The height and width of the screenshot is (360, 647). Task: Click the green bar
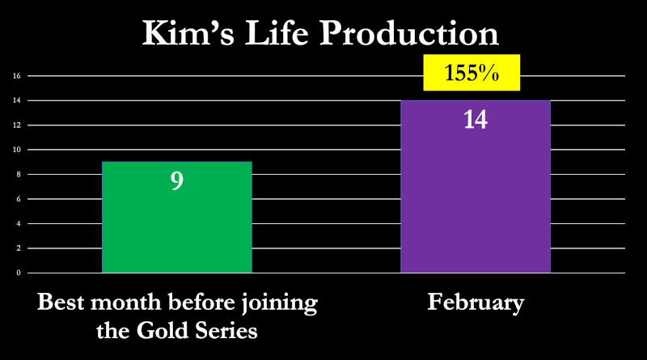tap(177, 217)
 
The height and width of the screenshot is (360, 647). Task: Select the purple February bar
tap(476, 187)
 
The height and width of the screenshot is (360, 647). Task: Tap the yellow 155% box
tap(472, 73)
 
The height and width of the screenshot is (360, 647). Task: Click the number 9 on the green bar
tap(177, 180)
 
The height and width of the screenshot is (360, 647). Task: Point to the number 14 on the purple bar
tap(476, 120)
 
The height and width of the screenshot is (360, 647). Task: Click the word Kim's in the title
tap(188, 33)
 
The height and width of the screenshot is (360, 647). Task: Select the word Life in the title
tap(277, 32)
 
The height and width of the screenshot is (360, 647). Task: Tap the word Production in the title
tap(409, 33)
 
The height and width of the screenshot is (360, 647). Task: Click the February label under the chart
tap(476, 303)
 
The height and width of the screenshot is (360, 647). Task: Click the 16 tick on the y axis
tap(16, 76)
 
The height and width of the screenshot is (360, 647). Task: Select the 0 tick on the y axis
tap(19, 273)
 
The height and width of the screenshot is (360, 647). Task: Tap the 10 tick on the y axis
tap(16, 150)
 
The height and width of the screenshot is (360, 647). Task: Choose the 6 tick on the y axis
tap(19, 199)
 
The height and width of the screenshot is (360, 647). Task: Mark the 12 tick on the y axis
tap(16, 125)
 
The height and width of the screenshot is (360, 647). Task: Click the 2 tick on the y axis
tap(19, 248)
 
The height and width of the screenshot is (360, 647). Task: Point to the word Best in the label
tap(61, 302)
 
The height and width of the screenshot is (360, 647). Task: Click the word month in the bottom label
tap(126, 302)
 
